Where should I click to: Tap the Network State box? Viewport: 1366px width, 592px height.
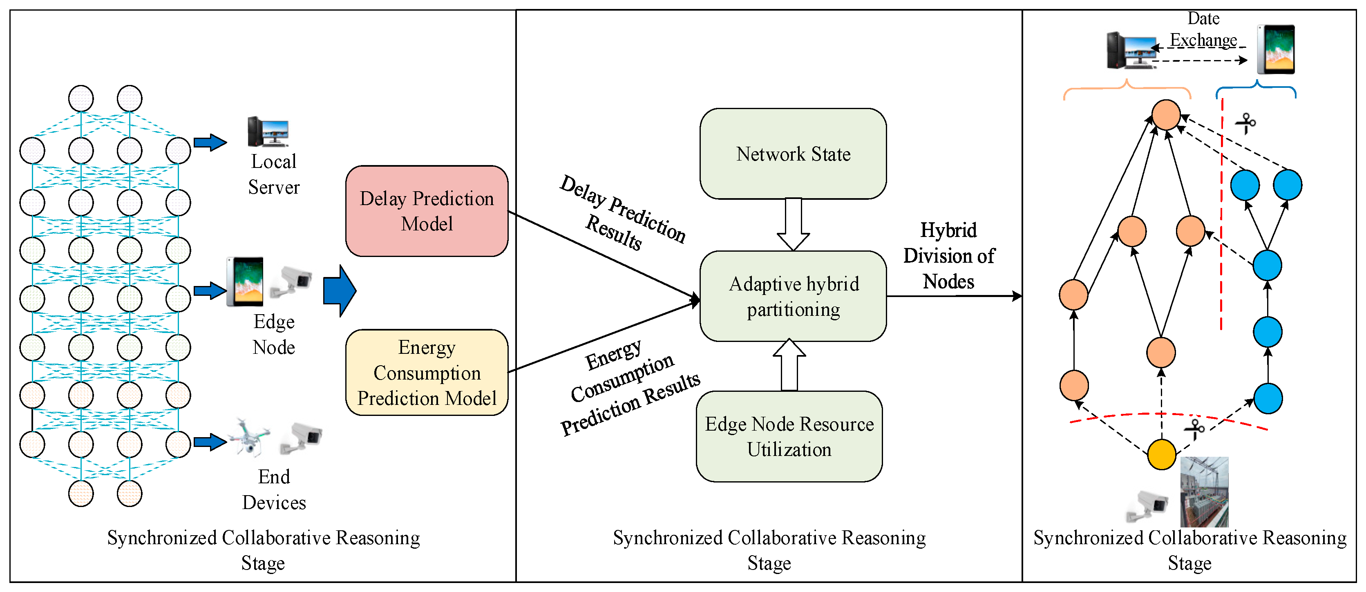coord(793,154)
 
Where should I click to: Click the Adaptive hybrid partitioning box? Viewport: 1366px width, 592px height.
coord(793,296)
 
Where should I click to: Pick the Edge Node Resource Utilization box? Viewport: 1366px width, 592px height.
coord(789,436)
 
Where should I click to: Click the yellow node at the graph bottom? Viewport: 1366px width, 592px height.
coord(1161,455)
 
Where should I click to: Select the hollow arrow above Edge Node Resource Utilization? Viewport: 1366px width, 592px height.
coord(789,366)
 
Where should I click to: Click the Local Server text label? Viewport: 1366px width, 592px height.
coord(274,174)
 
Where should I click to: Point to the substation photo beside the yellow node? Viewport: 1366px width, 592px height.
coord(1204,492)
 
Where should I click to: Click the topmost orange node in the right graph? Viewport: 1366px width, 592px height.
coord(1166,114)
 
